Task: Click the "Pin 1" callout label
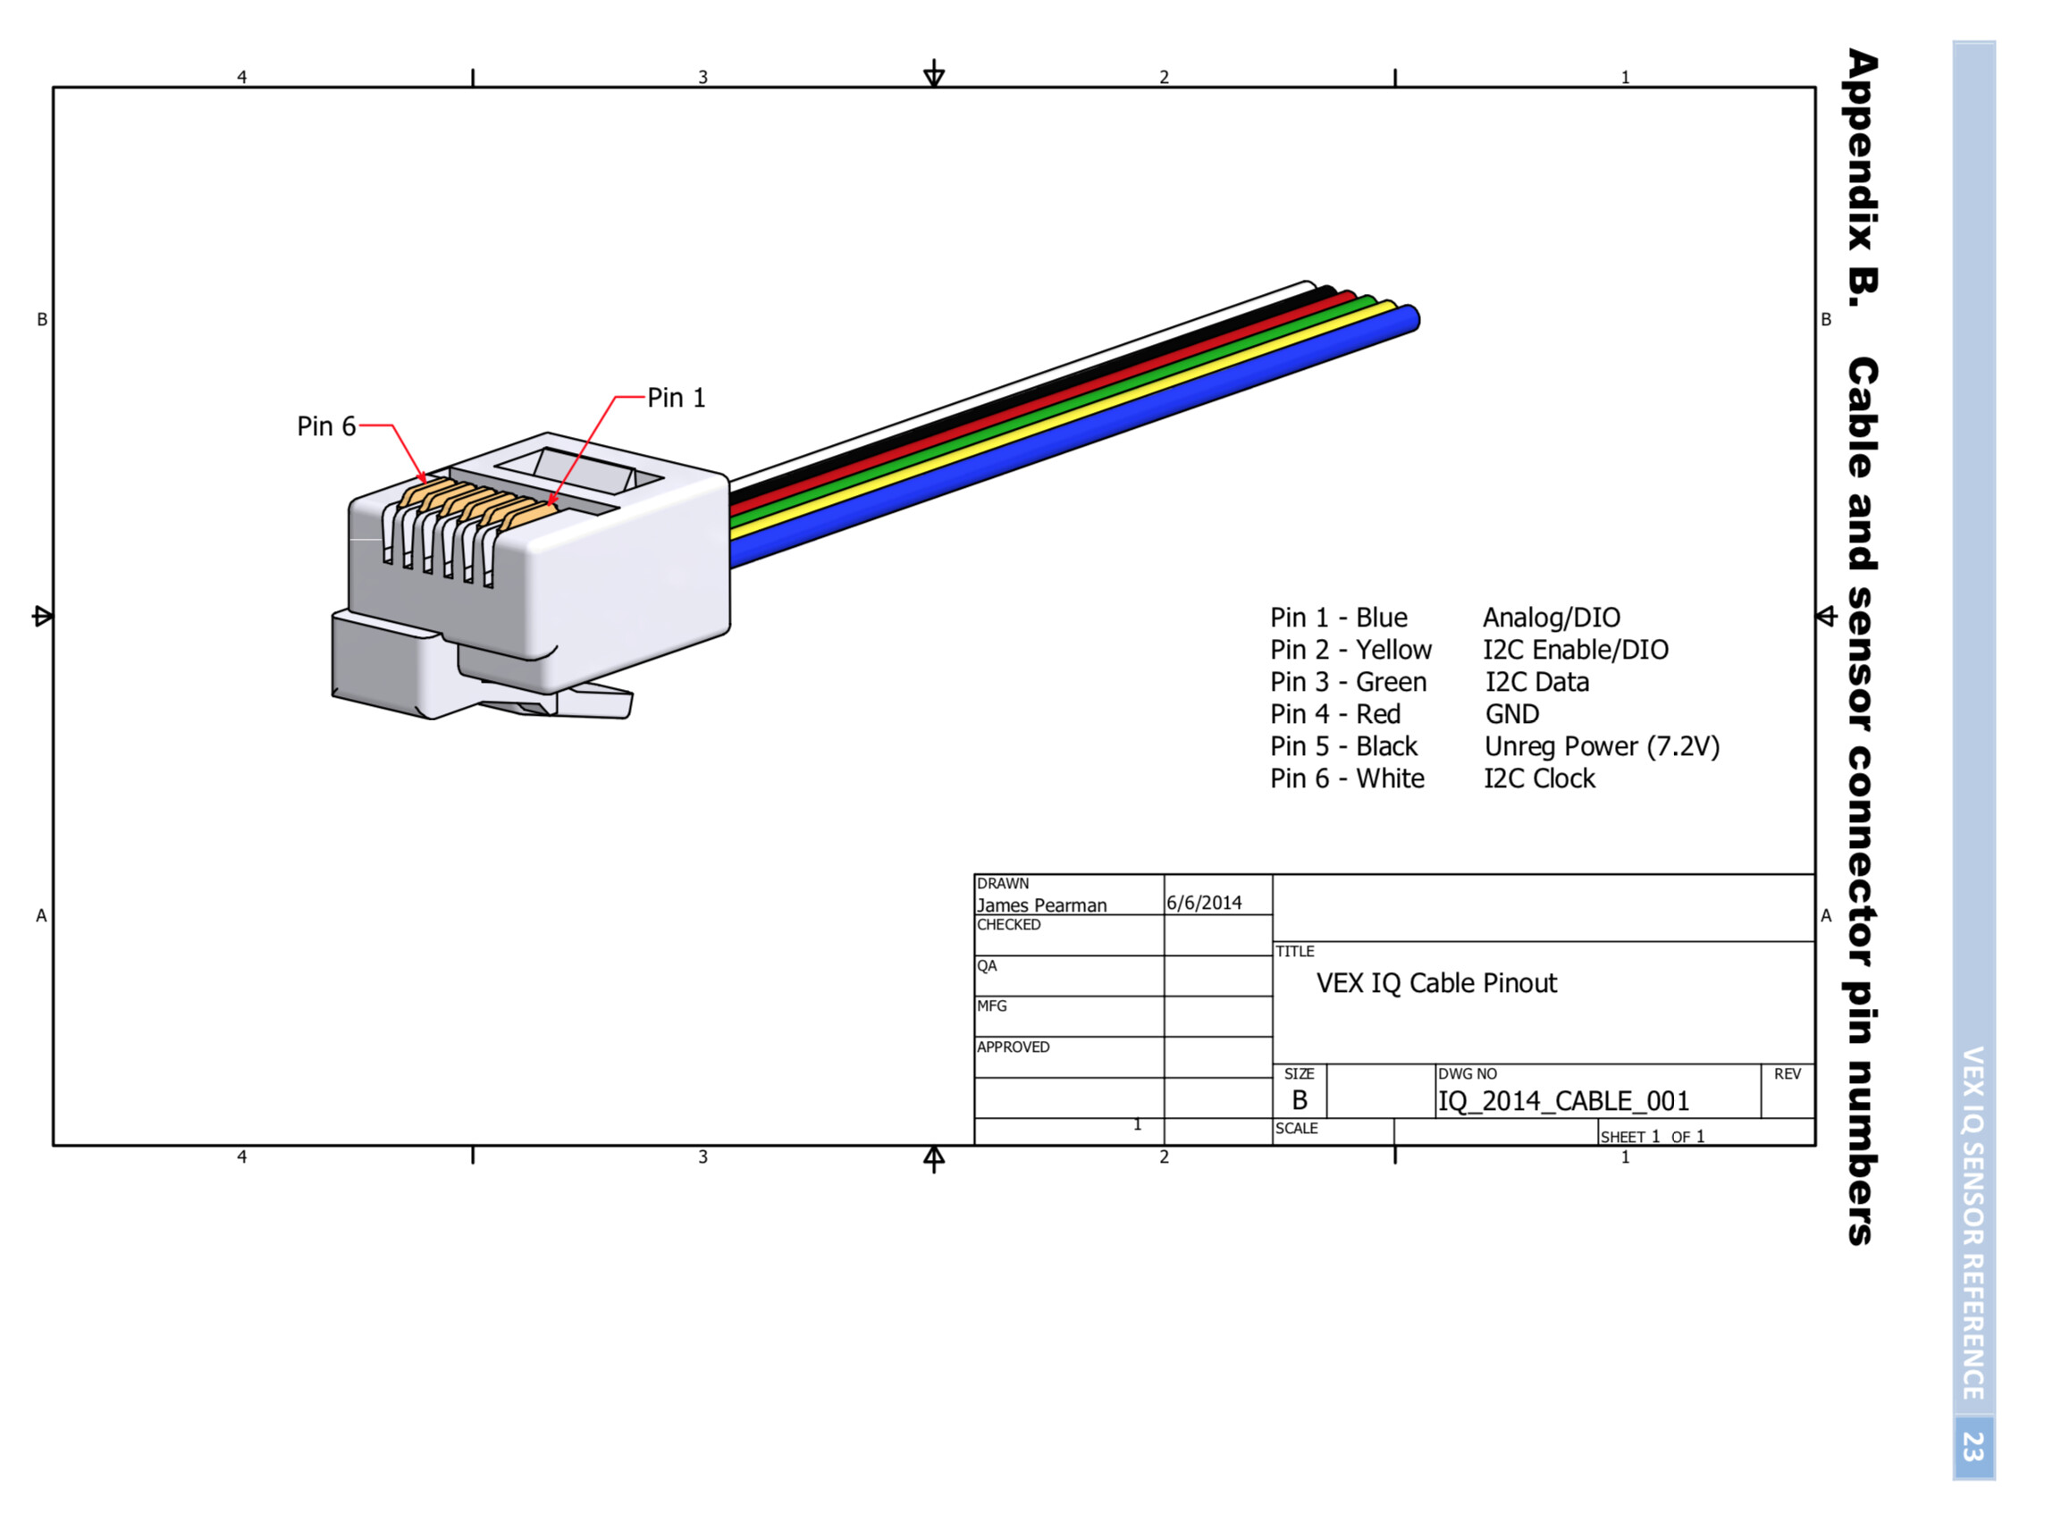676,398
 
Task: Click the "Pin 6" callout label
326,426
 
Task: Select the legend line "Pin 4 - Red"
1334,714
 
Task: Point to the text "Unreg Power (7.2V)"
1602,746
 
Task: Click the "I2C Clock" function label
1540,779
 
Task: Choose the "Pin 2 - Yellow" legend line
1350,649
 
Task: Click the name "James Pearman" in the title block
1041,904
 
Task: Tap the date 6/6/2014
1204,903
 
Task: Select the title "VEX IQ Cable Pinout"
1436,983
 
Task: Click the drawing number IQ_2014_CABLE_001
1562,1101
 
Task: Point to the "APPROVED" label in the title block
1013,1047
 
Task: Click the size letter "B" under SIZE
1300,1100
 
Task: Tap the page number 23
1973,1447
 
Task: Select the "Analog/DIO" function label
1552,618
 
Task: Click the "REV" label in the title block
1787,1074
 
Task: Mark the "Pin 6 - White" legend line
1347,779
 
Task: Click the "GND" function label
1511,714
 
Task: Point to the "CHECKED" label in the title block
1009,924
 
